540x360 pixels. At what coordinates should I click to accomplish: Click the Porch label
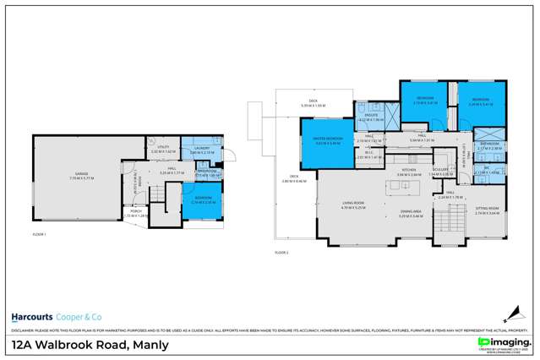135,214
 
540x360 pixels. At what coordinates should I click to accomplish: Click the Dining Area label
412,214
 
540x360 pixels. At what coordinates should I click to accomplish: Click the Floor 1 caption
40,232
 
